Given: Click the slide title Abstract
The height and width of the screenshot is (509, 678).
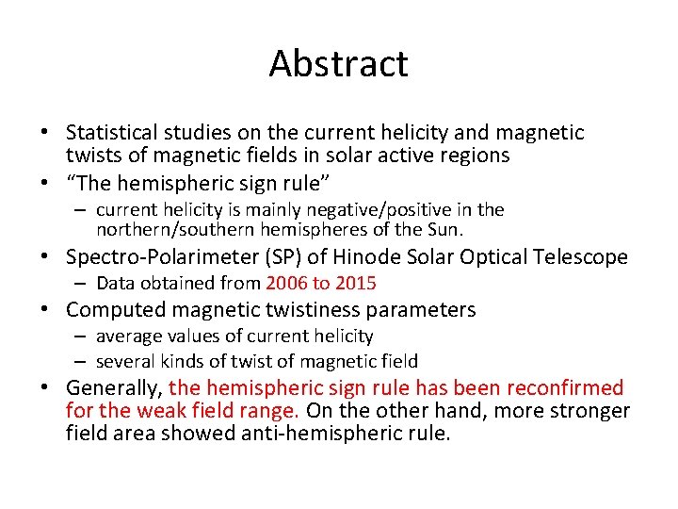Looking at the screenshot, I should point(338,64).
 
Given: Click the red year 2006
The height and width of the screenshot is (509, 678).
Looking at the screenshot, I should point(286,283).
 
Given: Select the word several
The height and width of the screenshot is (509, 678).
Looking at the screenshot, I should point(125,361).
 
